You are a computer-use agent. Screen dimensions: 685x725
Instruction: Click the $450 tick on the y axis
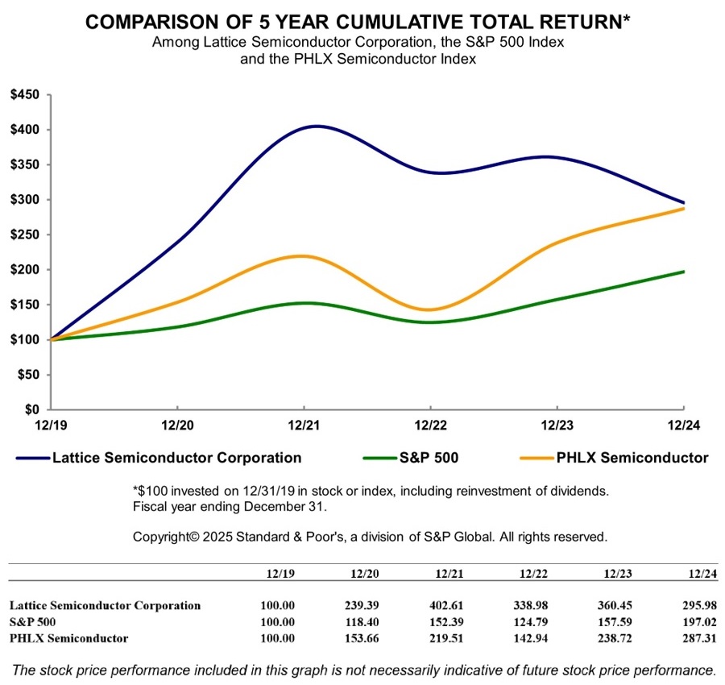[x=26, y=94]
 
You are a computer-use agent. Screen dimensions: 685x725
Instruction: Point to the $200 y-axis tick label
[x=26, y=269]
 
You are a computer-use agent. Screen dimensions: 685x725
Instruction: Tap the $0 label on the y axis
[x=32, y=409]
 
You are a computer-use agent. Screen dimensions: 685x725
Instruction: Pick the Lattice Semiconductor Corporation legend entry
[x=176, y=458]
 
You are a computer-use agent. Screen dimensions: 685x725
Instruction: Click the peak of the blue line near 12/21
[x=316, y=126]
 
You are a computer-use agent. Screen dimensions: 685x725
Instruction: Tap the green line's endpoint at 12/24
[x=684, y=272]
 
